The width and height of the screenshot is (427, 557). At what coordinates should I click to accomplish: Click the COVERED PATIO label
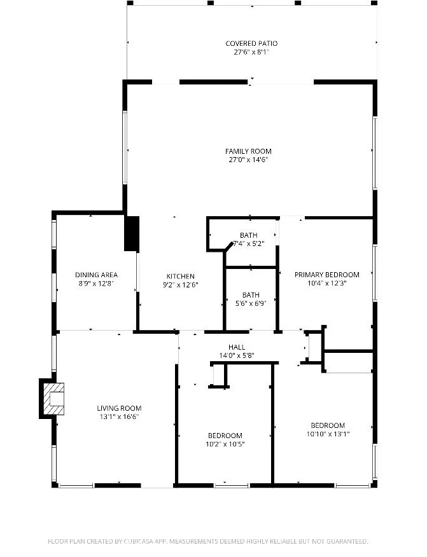pyautogui.click(x=251, y=44)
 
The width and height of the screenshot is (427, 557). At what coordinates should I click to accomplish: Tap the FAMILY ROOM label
pyautogui.click(x=248, y=151)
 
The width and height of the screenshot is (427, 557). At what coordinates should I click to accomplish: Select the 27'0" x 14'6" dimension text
pyautogui.click(x=248, y=160)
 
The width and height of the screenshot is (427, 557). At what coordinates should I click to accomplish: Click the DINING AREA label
pyautogui.click(x=96, y=275)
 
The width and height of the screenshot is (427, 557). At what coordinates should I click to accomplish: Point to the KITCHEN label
pyautogui.click(x=181, y=277)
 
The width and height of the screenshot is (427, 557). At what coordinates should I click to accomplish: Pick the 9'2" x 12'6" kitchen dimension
pyautogui.click(x=181, y=285)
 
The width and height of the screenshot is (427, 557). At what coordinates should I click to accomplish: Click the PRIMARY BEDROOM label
pyautogui.click(x=326, y=275)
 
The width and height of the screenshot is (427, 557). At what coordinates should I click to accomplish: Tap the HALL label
pyautogui.click(x=237, y=347)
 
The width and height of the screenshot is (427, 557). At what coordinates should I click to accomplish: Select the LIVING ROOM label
pyautogui.click(x=119, y=408)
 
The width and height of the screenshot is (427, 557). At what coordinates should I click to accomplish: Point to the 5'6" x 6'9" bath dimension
pyautogui.click(x=251, y=304)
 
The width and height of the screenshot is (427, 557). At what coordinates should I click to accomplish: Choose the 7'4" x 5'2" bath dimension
pyautogui.click(x=249, y=244)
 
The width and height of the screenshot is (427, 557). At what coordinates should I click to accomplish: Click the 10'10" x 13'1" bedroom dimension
pyautogui.click(x=328, y=434)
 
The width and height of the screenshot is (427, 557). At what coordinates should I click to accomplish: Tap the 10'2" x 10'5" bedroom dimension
pyautogui.click(x=225, y=444)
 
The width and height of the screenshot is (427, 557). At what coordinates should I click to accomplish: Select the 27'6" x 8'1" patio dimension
pyautogui.click(x=251, y=53)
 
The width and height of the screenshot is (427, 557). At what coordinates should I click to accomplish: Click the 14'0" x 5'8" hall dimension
pyautogui.click(x=237, y=355)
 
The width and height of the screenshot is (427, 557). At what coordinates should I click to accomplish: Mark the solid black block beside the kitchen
pyautogui.click(x=132, y=234)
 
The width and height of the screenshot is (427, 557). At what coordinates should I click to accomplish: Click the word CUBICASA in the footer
pyautogui.click(x=138, y=542)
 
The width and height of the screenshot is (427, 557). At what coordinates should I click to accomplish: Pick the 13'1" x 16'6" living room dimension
pyautogui.click(x=119, y=417)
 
